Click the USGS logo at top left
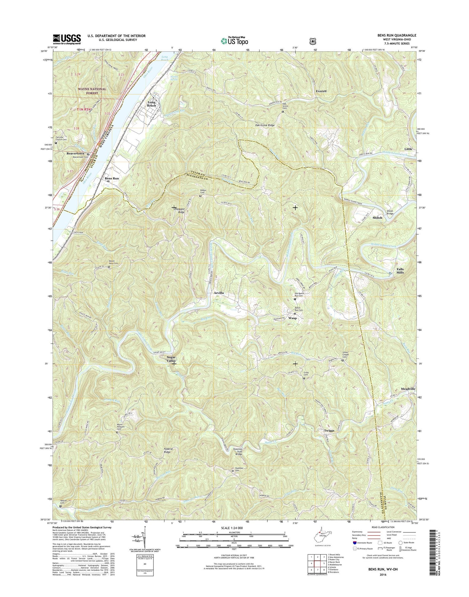67,39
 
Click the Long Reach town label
152,104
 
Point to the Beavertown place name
75,154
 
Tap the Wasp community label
292,318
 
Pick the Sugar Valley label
171,359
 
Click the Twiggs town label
329,431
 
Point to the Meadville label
408,389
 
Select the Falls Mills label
400,271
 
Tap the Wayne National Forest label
92,91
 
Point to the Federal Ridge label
168,450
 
